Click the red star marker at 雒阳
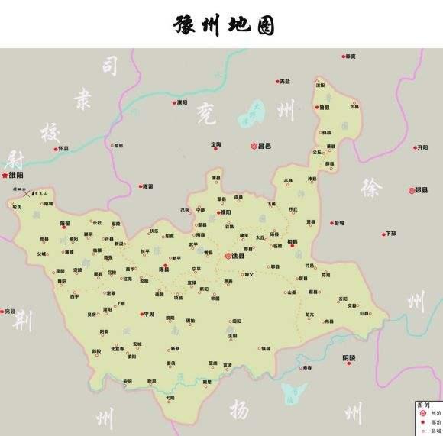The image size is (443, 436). [x=5, y=176]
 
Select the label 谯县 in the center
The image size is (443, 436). [x=238, y=256]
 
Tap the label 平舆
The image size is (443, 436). [x=148, y=314]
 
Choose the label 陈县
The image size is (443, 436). [x=163, y=269]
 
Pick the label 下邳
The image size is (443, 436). [x=391, y=233]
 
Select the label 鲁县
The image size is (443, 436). [x=326, y=108]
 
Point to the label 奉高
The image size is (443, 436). [x=351, y=56]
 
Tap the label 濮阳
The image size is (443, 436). [x=181, y=102]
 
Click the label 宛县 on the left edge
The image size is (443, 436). [x=9, y=312]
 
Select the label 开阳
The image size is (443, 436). [x=422, y=147]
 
